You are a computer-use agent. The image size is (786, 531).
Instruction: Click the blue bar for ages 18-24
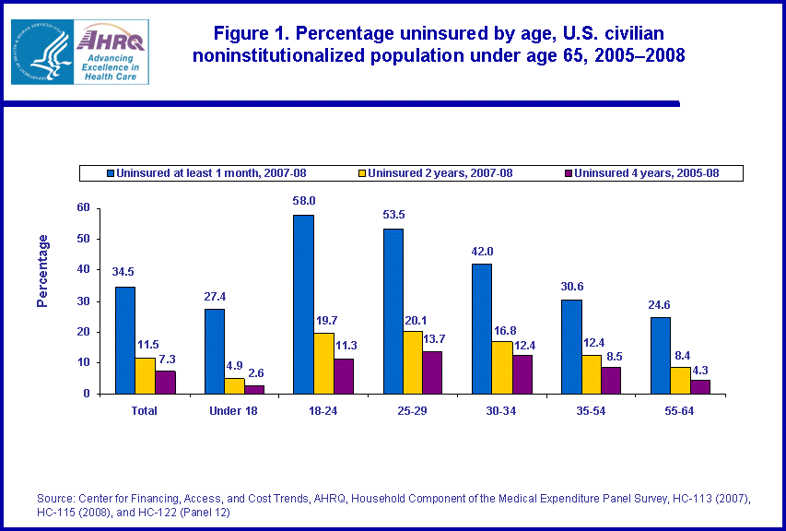coord(303,304)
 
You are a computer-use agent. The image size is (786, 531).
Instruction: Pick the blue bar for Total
coord(125,340)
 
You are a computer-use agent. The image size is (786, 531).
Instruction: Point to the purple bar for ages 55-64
coord(700,387)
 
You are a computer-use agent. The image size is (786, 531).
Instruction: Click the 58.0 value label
coord(303,201)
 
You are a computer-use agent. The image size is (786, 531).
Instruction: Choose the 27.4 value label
coord(214,296)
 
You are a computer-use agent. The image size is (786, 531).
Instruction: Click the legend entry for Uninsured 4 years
coord(643,172)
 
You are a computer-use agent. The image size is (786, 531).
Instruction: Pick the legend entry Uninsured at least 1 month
coord(199,172)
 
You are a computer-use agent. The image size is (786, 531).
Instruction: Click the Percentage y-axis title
coord(42,271)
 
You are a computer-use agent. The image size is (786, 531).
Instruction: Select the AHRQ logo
coord(79,52)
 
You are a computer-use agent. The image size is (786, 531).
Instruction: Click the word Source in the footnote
coord(53,499)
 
